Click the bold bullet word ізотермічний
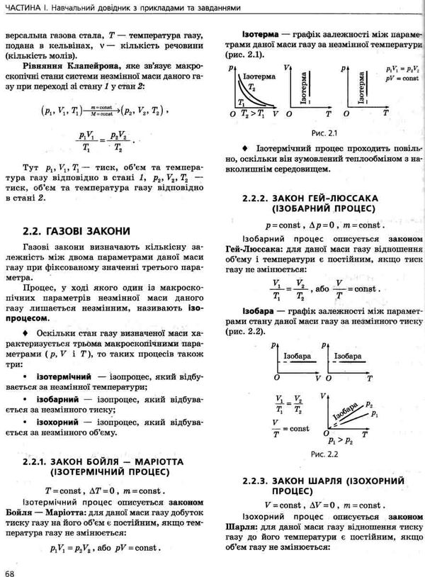(61, 374)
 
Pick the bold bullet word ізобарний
(57, 399)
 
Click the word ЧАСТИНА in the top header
(25, 8)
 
